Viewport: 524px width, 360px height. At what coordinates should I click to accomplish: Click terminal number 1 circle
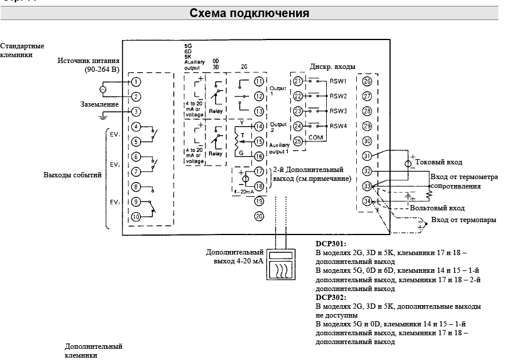click(136, 81)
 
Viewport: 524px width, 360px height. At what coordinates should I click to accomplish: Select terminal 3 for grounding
click(136, 111)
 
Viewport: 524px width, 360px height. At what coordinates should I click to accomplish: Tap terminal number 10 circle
click(136, 216)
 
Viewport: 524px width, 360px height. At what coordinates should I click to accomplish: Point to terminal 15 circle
click(258, 141)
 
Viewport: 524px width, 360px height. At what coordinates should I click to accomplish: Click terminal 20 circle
click(258, 216)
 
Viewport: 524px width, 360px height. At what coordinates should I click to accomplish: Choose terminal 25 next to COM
click(298, 141)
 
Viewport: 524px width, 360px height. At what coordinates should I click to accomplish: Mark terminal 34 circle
click(367, 201)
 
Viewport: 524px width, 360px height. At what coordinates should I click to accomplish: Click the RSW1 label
click(339, 81)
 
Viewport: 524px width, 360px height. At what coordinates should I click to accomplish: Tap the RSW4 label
click(339, 125)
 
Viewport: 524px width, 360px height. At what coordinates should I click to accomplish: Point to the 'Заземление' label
click(100, 104)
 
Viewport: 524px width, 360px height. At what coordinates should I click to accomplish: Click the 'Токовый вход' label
click(439, 162)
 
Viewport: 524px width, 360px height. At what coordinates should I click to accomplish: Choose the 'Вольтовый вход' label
click(437, 208)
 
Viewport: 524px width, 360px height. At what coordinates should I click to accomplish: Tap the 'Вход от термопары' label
click(463, 220)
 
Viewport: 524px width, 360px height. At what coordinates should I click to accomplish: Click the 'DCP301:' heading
click(331, 243)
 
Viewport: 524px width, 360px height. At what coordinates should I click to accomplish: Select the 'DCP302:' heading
click(331, 298)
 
